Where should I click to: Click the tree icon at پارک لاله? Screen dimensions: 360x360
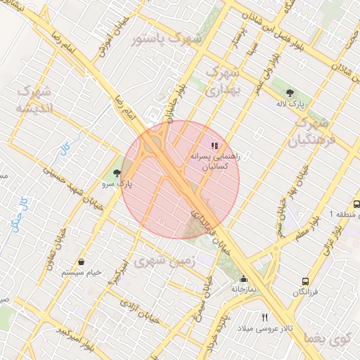pyautogui.click(x=290, y=92)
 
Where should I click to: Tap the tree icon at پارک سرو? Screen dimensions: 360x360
pyautogui.click(x=116, y=172)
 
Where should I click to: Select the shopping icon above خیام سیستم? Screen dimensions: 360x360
pyautogui.click(x=82, y=262)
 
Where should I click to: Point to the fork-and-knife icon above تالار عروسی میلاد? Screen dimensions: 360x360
pyautogui.click(x=264, y=317)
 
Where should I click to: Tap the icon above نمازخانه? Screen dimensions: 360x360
pyautogui.click(x=243, y=278)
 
